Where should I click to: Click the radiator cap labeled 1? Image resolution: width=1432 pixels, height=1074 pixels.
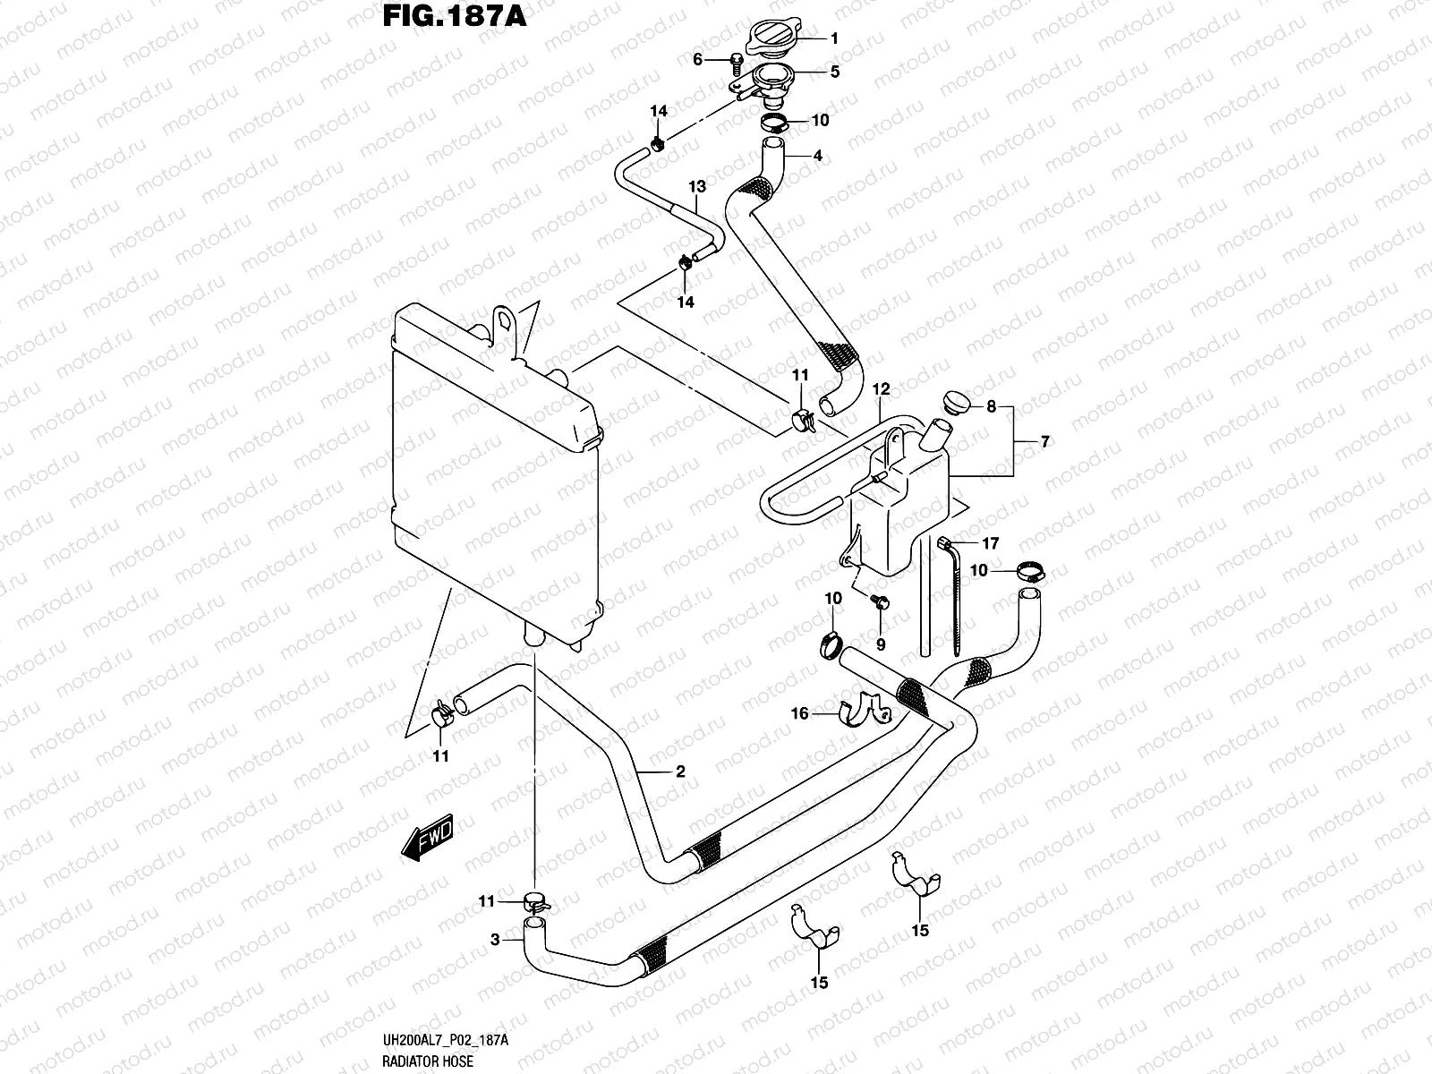(x=771, y=38)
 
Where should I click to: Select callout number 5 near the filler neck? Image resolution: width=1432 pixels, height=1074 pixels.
(x=834, y=72)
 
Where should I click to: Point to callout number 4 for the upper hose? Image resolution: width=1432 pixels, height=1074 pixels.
(x=817, y=156)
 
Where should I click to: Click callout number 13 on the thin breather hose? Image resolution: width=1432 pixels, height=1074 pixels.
(x=697, y=186)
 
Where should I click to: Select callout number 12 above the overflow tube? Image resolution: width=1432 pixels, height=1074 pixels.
(x=882, y=389)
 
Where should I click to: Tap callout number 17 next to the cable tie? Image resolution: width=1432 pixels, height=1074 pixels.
(x=990, y=543)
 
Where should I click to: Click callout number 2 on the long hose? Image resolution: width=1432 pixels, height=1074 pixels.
(x=680, y=771)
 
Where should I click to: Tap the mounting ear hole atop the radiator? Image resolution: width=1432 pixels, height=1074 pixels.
(x=504, y=319)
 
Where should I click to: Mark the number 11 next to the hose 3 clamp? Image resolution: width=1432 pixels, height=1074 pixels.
(x=486, y=902)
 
